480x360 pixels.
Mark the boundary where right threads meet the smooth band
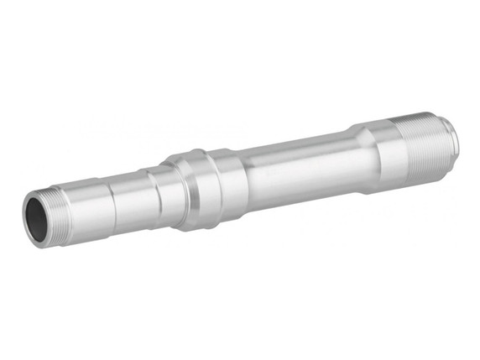396,148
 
